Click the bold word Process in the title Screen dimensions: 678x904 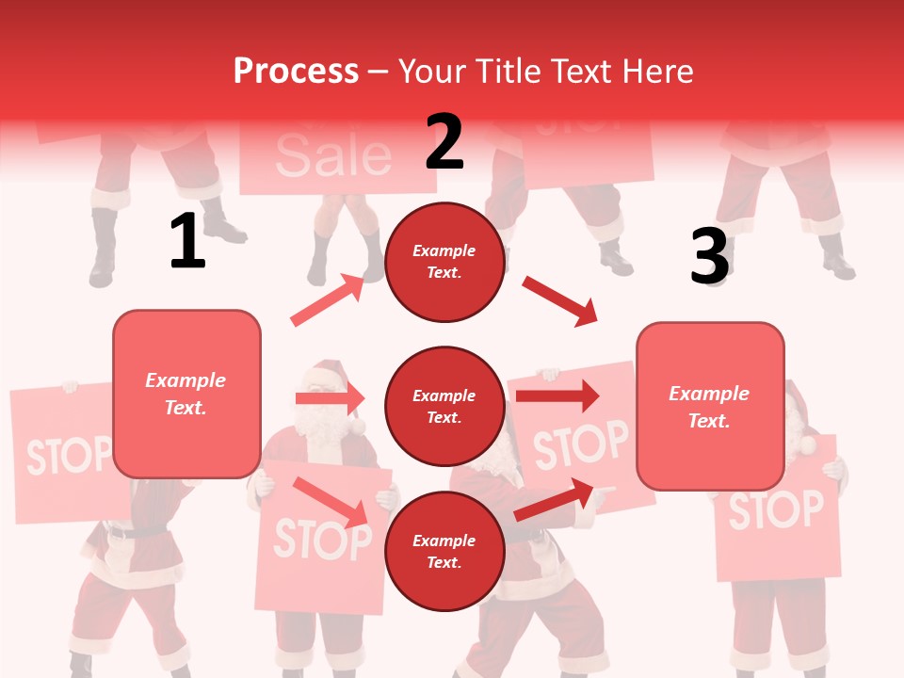pyautogui.click(x=296, y=72)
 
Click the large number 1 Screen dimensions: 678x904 pyautogui.click(x=187, y=241)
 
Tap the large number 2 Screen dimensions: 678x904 pyautogui.click(x=444, y=142)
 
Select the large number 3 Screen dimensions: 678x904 pyautogui.click(x=709, y=256)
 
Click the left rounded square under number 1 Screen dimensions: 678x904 pyautogui.click(x=186, y=394)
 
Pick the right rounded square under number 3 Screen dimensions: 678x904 pyautogui.click(x=710, y=406)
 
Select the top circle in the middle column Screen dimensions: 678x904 pyautogui.click(x=444, y=262)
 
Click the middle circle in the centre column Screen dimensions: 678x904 pyautogui.click(x=444, y=407)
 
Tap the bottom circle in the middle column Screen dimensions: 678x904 pyautogui.click(x=444, y=552)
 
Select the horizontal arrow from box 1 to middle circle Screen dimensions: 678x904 pyautogui.click(x=330, y=398)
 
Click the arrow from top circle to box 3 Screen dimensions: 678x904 pyautogui.click(x=559, y=301)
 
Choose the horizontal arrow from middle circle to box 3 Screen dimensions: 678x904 pyautogui.click(x=557, y=395)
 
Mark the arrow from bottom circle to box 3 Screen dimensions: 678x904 pyautogui.click(x=554, y=500)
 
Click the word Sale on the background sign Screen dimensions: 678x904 pyautogui.click(x=333, y=155)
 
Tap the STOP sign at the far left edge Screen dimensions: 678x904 pyautogui.click(x=66, y=454)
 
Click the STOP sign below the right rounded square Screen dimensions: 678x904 pyautogui.click(x=776, y=510)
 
